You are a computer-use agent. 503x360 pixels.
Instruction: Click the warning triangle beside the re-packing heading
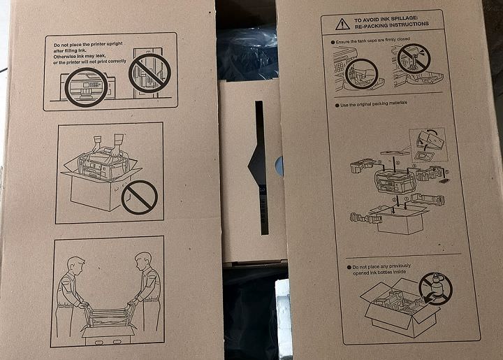click(342, 24)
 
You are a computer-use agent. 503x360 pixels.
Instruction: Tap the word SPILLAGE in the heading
click(404, 18)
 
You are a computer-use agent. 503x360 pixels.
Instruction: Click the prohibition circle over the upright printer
click(150, 73)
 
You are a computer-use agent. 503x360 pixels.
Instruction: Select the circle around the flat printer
click(87, 87)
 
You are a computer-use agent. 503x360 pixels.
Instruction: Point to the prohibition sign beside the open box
click(140, 197)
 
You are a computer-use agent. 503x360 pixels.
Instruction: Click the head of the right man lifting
click(143, 262)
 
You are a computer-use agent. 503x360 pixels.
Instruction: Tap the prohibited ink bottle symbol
click(436, 289)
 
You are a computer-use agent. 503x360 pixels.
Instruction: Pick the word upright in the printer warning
click(115, 43)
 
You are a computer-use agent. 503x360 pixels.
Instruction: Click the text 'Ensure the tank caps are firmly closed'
click(372, 41)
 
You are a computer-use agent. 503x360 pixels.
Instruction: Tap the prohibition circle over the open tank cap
click(414, 59)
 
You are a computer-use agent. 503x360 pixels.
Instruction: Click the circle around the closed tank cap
click(362, 74)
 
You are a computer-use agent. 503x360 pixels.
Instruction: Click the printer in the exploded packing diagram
click(393, 180)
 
